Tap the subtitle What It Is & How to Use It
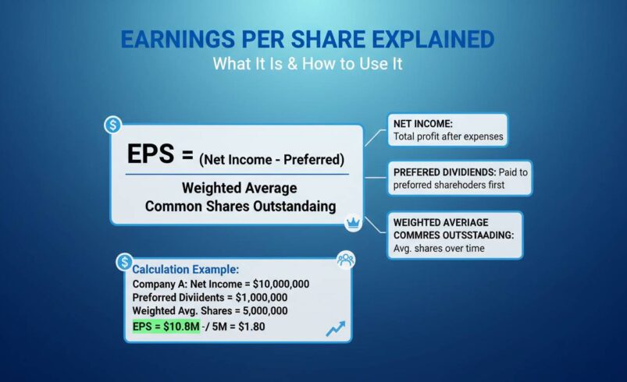tap(308, 65)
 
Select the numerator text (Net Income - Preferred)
tap(270, 159)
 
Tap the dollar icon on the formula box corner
tap(113, 124)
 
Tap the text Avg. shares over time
tap(438, 248)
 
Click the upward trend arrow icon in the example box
tap(335, 328)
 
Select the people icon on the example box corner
tap(344, 260)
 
